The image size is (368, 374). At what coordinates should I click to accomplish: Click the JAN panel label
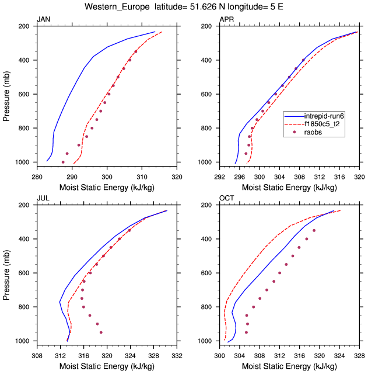[x=43, y=19]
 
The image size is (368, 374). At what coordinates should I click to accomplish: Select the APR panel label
[x=226, y=19]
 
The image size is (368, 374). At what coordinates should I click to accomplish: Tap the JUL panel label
[x=43, y=198]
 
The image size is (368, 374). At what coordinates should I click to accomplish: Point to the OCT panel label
[x=226, y=198]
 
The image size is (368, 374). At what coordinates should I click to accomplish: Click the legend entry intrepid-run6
[x=323, y=116]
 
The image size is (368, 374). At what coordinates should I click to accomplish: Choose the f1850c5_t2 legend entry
[x=323, y=124]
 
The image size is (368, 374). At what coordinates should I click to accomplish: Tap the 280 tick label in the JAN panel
[x=37, y=175]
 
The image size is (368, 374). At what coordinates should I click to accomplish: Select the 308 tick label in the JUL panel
[x=37, y=354]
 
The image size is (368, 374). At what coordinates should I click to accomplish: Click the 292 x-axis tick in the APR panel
[x=219, y=175]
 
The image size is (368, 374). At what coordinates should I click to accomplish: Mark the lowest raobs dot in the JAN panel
[x=63, y=162]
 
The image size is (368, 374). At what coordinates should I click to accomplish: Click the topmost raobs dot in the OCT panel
[x=314, y=231]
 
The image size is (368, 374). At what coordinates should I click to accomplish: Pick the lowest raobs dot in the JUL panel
[x=101, y=333]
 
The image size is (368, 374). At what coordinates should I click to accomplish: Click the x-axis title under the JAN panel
[x=107, y=187]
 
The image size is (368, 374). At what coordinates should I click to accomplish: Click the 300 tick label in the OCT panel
[x=219, y=354]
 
